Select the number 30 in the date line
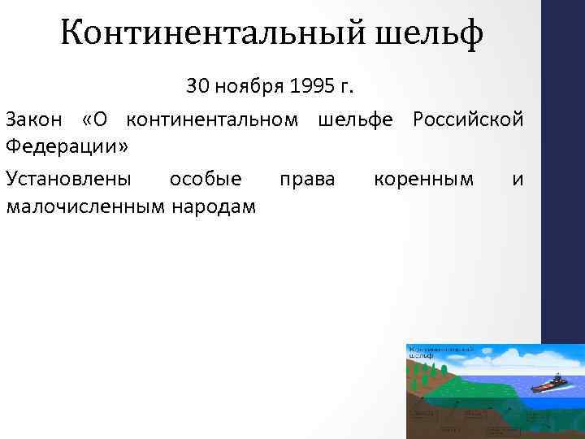(x=197, y=85)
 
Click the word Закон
(x=36, y=120)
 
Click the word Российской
(x=468, y=120)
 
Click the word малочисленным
(x=83, y=206)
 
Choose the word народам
(x=212, y=206)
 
